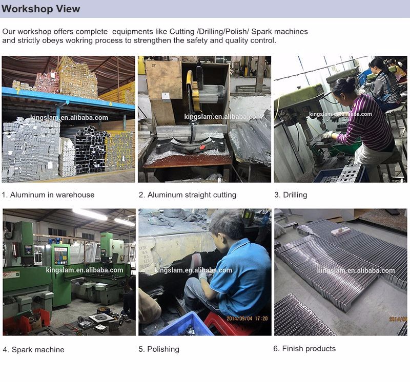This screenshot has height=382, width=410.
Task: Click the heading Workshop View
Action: click(40, 9)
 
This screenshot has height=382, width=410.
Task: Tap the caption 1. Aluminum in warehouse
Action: click(48, 195)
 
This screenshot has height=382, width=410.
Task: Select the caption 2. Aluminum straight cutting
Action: click(188, 195)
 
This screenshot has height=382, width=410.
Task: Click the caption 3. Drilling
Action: click(291, 195)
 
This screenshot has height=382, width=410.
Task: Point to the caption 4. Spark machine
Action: click(33, 350)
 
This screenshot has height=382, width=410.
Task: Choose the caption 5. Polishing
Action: click(159, 349)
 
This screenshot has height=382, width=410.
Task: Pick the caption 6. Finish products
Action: click(304, 349)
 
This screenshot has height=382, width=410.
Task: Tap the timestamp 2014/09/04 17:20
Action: click(247, 319)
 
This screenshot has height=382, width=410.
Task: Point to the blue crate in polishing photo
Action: click(183, 325)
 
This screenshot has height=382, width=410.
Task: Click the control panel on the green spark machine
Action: click(61, 256)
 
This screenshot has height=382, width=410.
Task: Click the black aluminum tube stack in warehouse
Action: click(91, 150)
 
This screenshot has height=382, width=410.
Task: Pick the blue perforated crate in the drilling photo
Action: click(340, 173)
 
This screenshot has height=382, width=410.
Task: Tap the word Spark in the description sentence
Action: click(261, 32)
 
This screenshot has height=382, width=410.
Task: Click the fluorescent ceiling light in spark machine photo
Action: click(90, 215)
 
